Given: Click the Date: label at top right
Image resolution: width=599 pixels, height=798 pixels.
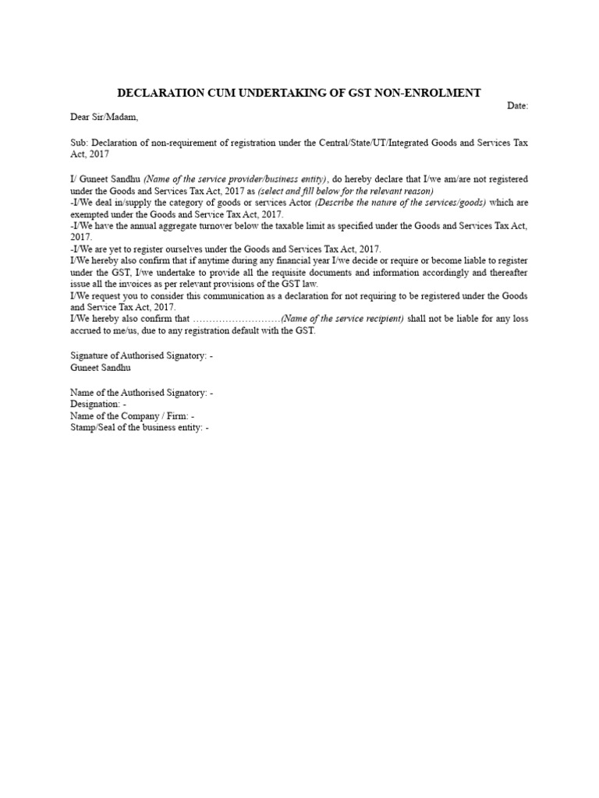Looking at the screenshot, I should [518, 105].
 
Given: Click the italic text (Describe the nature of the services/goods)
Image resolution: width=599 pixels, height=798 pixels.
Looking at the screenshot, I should [400, 203].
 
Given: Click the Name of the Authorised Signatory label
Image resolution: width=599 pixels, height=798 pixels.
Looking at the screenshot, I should [141, 393].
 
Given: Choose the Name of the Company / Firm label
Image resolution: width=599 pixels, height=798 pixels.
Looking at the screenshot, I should [132, 416].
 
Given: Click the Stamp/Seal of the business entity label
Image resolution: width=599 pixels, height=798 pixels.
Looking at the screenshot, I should [140, 428].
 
